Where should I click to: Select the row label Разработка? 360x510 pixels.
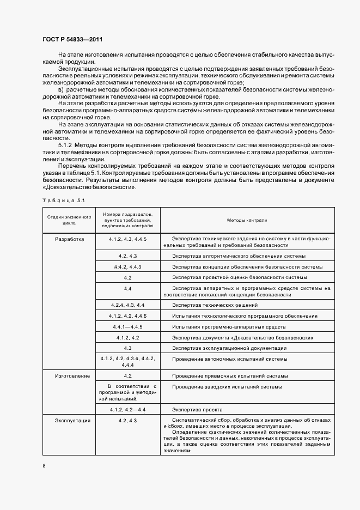69,239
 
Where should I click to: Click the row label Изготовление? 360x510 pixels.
69,376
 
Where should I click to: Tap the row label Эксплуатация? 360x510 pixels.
69,421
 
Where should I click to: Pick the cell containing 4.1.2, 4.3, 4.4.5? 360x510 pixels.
127,239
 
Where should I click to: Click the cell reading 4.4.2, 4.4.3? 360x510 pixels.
127,267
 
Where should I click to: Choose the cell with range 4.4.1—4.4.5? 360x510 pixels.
127,327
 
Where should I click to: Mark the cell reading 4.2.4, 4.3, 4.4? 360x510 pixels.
127,305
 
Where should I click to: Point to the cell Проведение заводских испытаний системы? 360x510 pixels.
227,387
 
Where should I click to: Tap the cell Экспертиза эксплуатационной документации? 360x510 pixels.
229,348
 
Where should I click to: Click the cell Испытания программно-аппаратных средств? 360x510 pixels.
229,327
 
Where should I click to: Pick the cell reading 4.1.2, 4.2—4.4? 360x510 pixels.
127,409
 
